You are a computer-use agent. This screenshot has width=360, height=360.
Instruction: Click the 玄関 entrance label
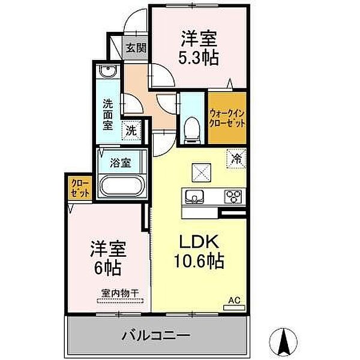point(136,47)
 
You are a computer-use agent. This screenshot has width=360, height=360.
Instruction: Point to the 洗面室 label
point(108,114)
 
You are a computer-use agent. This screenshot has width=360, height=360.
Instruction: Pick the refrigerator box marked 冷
point(236,159)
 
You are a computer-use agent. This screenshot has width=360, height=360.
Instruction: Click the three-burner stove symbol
point(233,196)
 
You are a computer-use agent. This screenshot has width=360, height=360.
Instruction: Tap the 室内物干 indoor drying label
point(120,293)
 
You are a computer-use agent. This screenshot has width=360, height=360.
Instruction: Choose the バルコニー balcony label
point(157,335)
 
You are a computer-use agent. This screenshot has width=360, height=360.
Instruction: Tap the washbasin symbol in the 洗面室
point(109,72)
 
